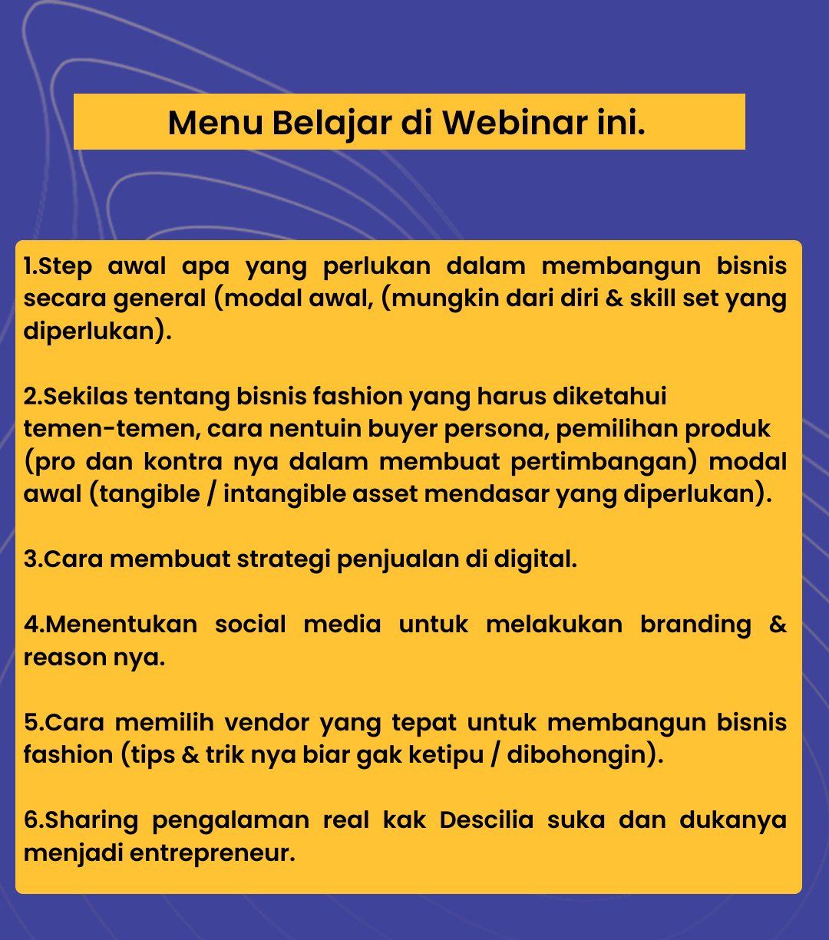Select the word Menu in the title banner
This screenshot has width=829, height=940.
click(216, 124)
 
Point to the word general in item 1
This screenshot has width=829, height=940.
click(159, 299)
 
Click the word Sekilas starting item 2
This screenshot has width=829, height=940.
click(85, 396)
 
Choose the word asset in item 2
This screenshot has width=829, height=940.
click(385, 493)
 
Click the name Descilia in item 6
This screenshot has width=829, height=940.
click(487, 820)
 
